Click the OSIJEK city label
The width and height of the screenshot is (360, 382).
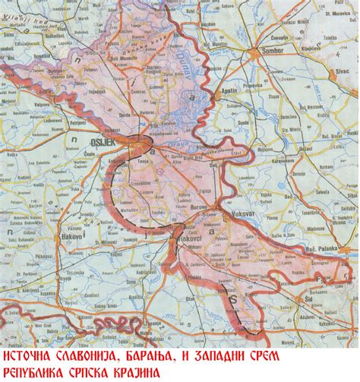(x=113, y=138)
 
